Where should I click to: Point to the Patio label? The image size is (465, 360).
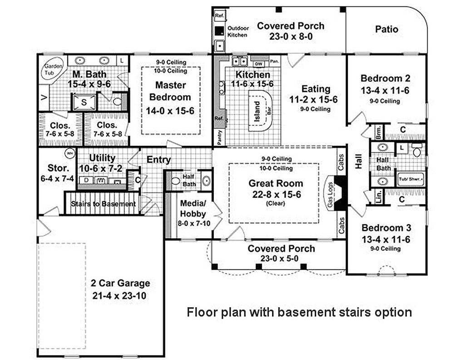(x=386, y=29)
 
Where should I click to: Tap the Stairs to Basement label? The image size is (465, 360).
(x=103, y=204)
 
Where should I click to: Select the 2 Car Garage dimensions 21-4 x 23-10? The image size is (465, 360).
(x=120, y=295)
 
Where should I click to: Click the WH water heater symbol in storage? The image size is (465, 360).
(x=70, y=153)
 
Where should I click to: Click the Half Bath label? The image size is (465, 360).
(x=188, y=180)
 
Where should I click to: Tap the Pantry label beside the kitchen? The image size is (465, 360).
(x=219, y=137)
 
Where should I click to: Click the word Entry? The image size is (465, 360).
(x=158, y=160)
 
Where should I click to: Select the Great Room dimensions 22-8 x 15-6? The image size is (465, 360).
(x=276, y=194)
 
